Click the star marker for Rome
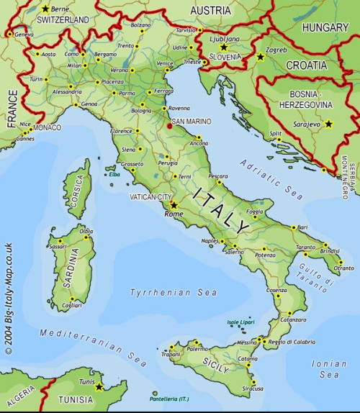(173, 204)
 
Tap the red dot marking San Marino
(169, 125)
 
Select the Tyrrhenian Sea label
(163, 292)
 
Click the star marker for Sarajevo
(329, 124)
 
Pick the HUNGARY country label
(325, 27)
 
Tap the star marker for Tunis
(99, 386)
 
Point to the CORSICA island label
(77, 191)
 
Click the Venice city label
(165, 63)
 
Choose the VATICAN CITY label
(150, 196)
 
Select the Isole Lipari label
(241, 322)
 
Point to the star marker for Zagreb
(260, 56)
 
